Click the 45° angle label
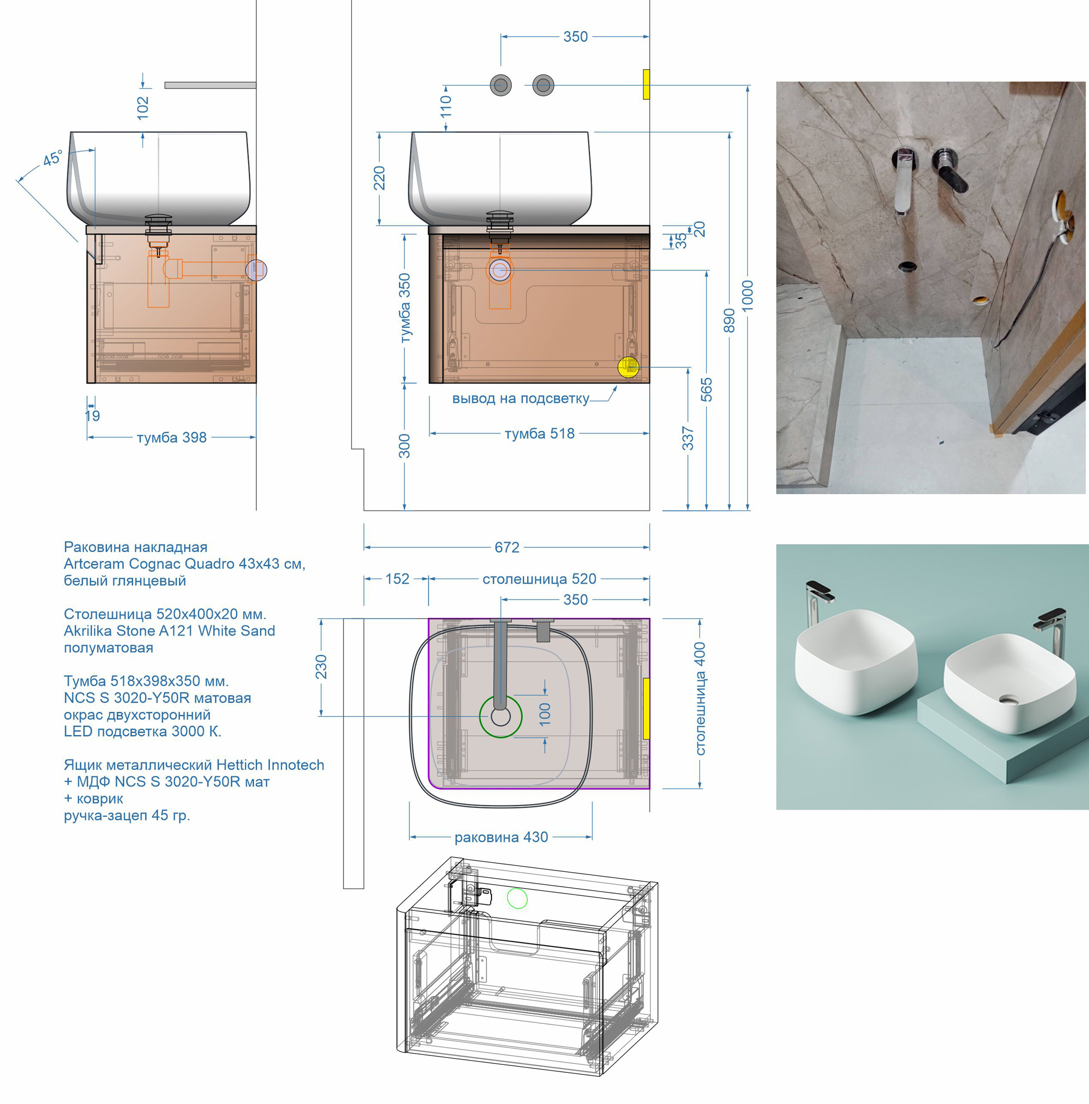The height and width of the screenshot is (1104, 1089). (x=52, y=158)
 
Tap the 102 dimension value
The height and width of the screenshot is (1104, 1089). (x=143, y=108)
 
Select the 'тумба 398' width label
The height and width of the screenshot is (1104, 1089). (x=171, y=438)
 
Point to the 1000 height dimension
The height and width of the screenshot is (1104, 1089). (x=747, y=296)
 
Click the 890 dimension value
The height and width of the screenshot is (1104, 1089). (x=729, y=321)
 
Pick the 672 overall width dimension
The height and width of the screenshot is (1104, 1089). (x=507, y=548)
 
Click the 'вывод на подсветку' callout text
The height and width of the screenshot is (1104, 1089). (x=521, y=399)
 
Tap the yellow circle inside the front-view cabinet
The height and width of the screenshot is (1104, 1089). (x=629, y=367)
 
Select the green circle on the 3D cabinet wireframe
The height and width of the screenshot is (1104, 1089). (x=517, y=898)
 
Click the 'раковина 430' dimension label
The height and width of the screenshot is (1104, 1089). (x=501, y=837)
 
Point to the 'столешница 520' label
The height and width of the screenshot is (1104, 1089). (x=540, y=579)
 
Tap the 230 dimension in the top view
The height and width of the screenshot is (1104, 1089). (x=321, y=667)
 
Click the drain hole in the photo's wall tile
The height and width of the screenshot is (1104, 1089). (x=907, y=266)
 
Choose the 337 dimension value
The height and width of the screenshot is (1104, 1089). (x=688, y=438)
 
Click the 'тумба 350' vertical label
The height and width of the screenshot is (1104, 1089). (x=404, y=308)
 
